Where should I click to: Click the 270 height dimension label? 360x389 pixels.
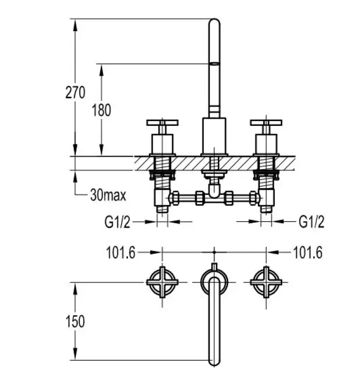[x=75, y=92]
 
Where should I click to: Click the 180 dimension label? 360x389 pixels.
[x=101, y=110]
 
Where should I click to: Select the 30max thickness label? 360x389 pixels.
[x=108, y=195]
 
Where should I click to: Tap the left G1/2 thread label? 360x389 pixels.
[x=117, y=222]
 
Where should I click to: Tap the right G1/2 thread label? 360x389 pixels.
[x=311, y=222]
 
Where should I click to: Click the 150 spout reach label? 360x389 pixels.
[x=75, y=321]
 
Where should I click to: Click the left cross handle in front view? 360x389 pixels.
[x=162, y=123]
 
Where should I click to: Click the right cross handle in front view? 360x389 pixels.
[x=266, y=123]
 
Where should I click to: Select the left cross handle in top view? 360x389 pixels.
[x=162, y=282]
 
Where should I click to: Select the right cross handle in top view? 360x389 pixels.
[x=266, y=282]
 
